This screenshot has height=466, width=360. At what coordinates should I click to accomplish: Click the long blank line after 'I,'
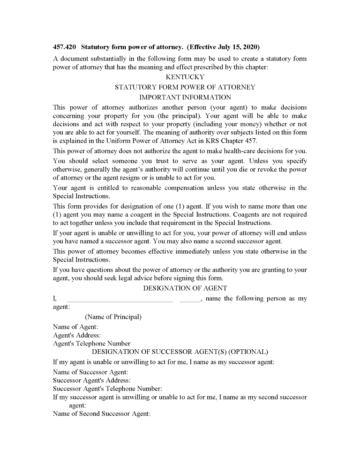pyautogui.click(x=120, y=300)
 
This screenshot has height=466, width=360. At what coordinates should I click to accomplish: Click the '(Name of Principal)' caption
pyautogui.click(x=113, y=317)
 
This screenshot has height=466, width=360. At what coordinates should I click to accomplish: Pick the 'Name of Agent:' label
pyautogui.click(x=75, y=327)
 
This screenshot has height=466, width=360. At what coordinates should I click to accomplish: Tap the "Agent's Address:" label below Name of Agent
pyautogui.click(x=77, y=335)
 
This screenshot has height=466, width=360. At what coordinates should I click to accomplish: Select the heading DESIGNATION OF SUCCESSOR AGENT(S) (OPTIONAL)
pyautogui.click(x=180, y=352)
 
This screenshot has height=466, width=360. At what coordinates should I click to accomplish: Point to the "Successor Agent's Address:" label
pyautogui.click(x=92, y=380)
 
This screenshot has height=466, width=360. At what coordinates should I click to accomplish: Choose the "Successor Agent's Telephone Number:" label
pyautogui.click(x=107, y=389)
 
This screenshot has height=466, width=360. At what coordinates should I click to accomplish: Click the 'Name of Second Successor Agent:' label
pyautogui.click(x=101, y=414)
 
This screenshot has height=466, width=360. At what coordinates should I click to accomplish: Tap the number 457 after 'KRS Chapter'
pyautogui.click(x=250, y=141)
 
